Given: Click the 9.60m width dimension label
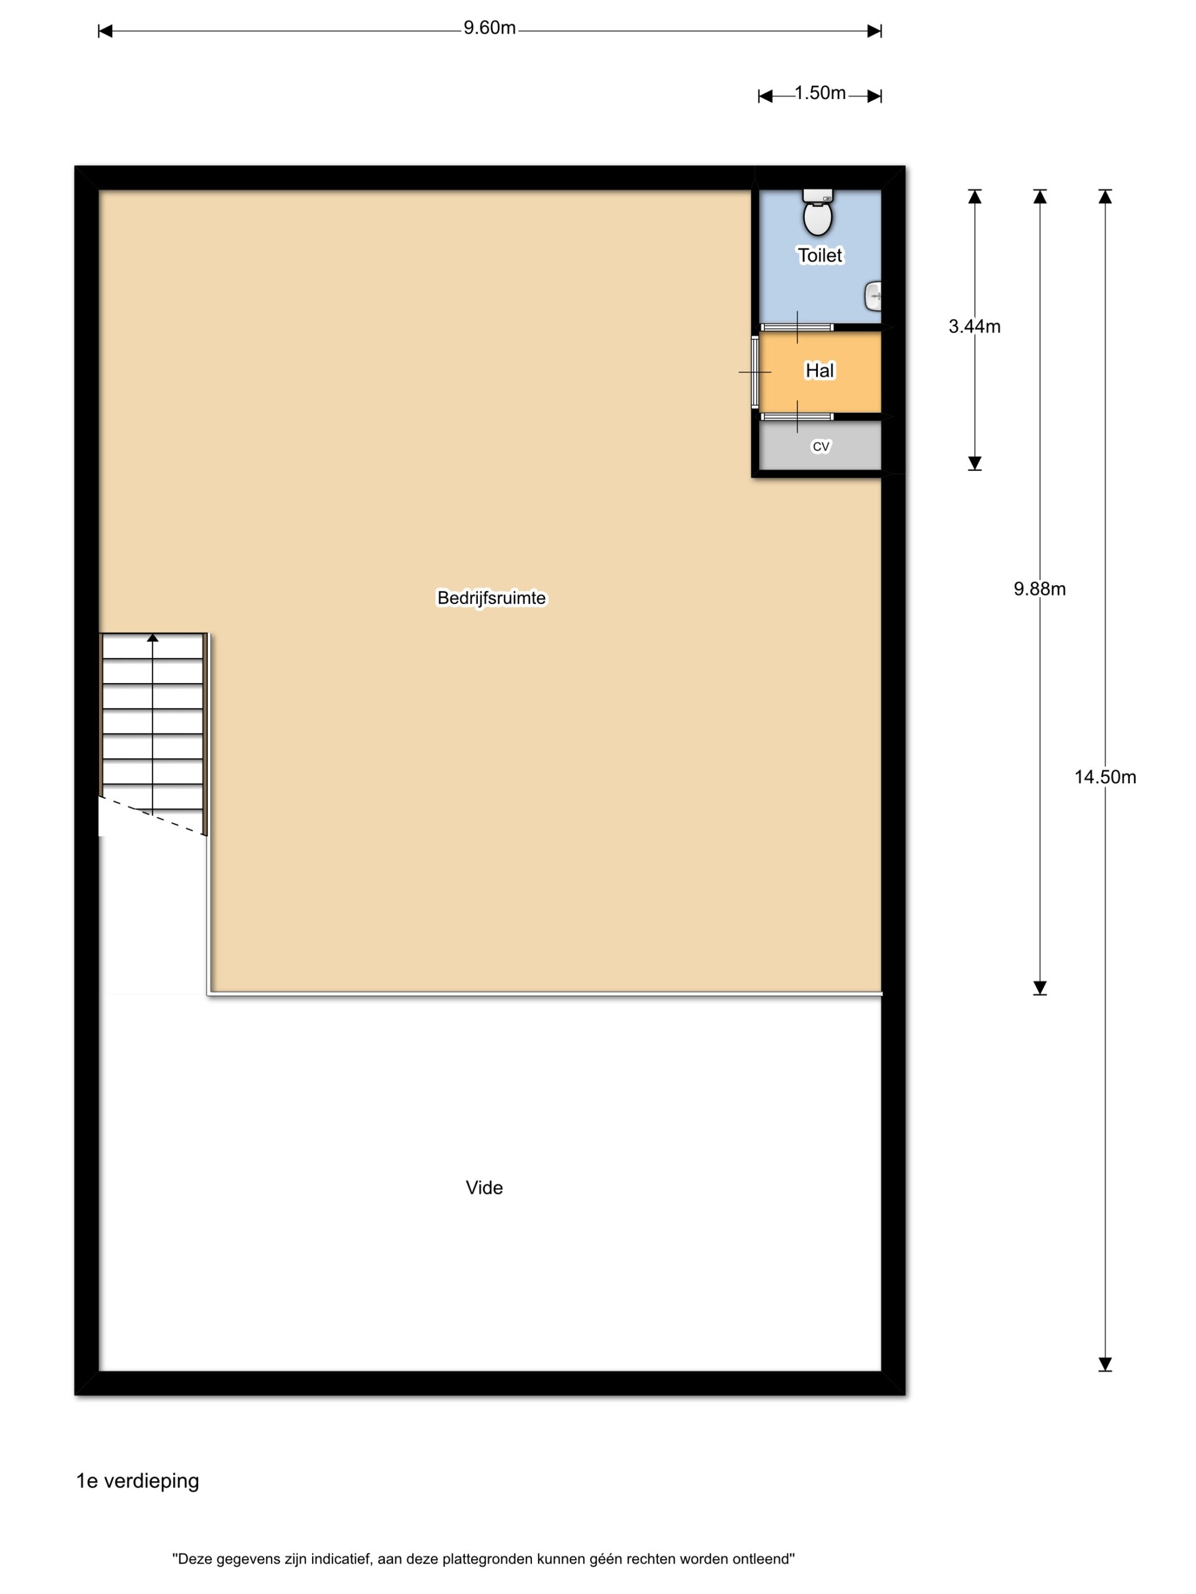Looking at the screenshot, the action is pos(490,28).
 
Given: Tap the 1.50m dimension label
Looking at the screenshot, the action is pos(820,93).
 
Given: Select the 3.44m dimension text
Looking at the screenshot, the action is pos(974,326).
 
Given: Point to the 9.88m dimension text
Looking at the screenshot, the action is pos(1039,589).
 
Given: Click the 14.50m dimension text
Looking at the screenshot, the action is pos(1104,777).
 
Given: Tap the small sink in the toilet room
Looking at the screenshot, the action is pos(872,296).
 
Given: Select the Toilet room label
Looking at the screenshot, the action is pos(820,255).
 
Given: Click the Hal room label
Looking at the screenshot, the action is pos(820,370).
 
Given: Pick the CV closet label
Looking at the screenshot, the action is pos(820,447).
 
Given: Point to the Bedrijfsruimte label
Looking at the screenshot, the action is pos(491,598).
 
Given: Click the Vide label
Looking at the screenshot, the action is pos(484,1187).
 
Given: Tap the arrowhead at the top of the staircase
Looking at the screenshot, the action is pos(152,637).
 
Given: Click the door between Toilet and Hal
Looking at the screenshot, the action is pos(797,327).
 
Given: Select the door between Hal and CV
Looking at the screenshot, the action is pos(797,417).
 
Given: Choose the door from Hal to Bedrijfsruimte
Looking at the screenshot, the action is pos(755,372).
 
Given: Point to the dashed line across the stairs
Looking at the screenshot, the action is pos(153,815).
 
